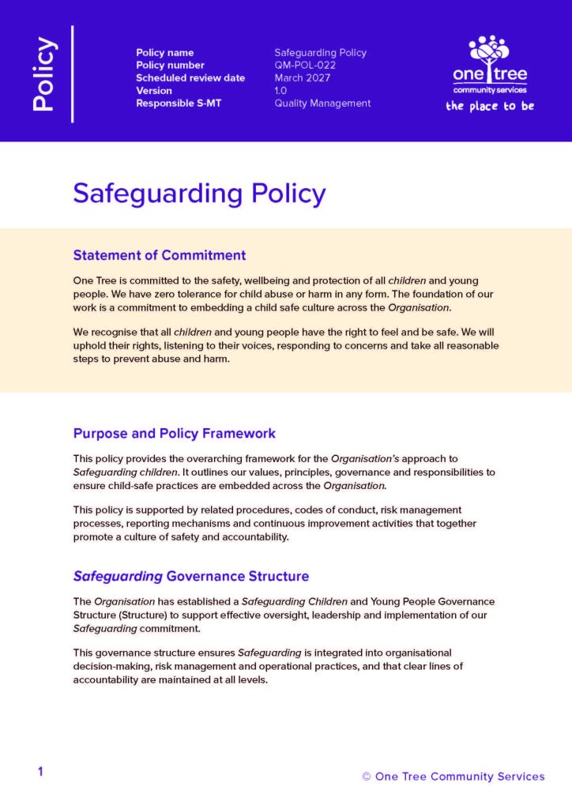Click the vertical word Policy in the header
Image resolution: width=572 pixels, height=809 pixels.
click(x=44, y=74)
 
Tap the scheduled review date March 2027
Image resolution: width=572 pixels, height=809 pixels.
click(x=303, y=78)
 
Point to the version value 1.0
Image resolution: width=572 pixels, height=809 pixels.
click(x=280, y=91)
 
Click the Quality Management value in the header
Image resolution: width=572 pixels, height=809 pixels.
click(x=322, y=103)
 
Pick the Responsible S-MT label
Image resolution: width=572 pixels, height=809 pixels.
click(x=179, y=103)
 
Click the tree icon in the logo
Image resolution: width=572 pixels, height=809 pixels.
click(x=489, y=51)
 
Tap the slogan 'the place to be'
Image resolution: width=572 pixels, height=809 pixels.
click(x=490, y=106)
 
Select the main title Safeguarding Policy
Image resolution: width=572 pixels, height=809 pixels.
click(x=199, y=194)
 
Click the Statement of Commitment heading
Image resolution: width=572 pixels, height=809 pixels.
click(x=160, y=255)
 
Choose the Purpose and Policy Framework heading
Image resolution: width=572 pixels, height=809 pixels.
click(x=175, y=433)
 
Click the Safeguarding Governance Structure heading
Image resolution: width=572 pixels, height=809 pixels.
click(x=191, y=576)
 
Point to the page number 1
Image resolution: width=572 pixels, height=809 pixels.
click(x=40, y=772)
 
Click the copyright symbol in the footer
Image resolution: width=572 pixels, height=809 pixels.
click(x=367, y=777)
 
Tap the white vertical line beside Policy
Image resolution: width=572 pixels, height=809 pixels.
click(x=73, y=74)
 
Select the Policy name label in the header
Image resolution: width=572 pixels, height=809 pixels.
click(x=166, y=53)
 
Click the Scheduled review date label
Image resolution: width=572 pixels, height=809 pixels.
click(x=190, y=78)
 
